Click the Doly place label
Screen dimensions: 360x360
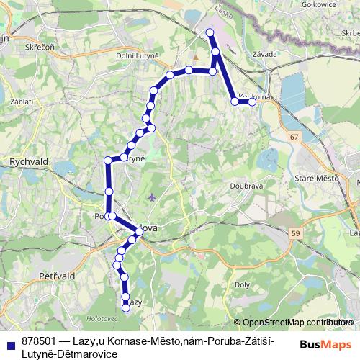[x=243, y=285]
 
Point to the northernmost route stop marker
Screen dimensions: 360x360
[x=210, y=32]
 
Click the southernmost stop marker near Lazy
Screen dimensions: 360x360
[x=126, y=308]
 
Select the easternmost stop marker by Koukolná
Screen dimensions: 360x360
[x=253, y=102]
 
